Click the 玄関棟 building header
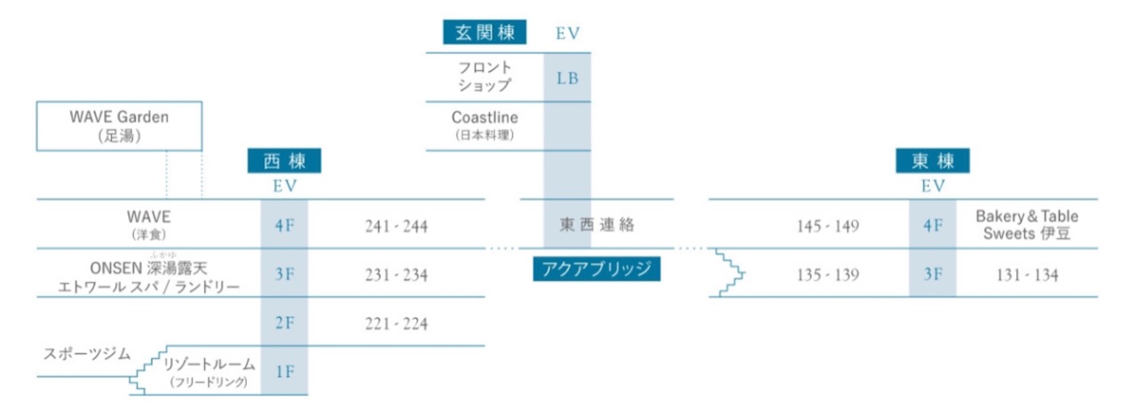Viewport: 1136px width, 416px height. click(x=485, y=33)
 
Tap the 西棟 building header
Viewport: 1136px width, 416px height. click(x=284, y=161)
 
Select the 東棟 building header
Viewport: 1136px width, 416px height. click(x=933, y=161)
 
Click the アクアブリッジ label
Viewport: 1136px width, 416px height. click(x=596, y=269)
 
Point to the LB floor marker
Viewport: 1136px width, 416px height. click(x=567, y=78)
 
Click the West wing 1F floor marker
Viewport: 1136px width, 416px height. click(x=285, y=372)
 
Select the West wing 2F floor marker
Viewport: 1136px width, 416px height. click(x=285, y=323)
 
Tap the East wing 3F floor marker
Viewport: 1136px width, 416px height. click(x=933, y=274)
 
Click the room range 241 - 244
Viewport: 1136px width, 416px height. click(x=396, y=226)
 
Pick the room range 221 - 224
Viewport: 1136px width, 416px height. click(x=396, y=323)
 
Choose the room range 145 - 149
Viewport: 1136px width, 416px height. click(x=828, y=226)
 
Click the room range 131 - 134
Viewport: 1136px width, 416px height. click(x=1027, y=275)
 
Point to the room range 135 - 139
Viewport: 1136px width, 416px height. click(x=828, y=275)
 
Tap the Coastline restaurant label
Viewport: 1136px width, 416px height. click(x=485, y=125)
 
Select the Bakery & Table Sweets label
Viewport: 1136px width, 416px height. click(x=1027, y=224)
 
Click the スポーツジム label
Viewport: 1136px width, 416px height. click(x=87, y=354)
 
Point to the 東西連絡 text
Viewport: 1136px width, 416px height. click(x=597, y=224)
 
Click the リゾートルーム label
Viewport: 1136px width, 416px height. click(x=209, y=372)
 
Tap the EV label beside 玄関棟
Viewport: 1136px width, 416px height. click(x=567, y=34)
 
